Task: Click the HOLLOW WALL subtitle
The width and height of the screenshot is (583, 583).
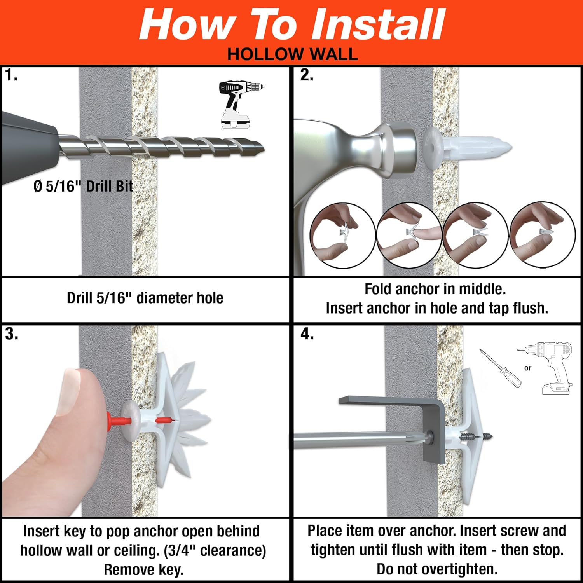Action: [292, 54]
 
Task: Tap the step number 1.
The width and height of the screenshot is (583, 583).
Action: [11, 75]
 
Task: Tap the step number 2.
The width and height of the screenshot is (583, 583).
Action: [307, 75]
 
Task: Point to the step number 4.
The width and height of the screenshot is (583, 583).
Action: [307, 334]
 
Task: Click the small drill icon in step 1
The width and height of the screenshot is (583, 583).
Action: [239, 104]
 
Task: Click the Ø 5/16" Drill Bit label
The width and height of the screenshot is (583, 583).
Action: [83, 186]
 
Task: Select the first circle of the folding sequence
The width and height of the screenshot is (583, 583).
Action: [342, 235]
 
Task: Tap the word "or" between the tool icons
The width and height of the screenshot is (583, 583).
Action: [527, 368]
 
